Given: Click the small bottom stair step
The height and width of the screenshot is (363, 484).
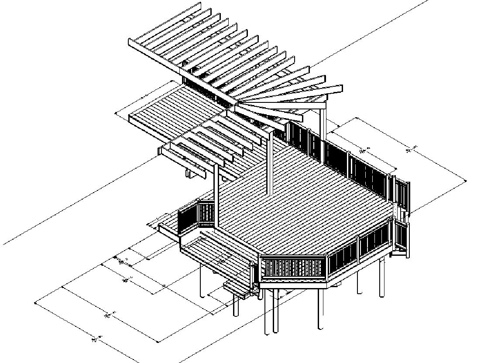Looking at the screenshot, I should [238, 288].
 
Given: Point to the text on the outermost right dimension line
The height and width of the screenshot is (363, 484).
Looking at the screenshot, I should [409, 149].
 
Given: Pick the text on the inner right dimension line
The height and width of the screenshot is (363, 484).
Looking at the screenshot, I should [363, 150].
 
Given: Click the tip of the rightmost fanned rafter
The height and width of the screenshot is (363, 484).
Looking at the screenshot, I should [340, 89].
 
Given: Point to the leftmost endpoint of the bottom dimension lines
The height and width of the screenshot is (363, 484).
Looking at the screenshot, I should [35, 303].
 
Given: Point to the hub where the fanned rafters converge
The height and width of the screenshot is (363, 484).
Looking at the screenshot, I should [236, 105].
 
